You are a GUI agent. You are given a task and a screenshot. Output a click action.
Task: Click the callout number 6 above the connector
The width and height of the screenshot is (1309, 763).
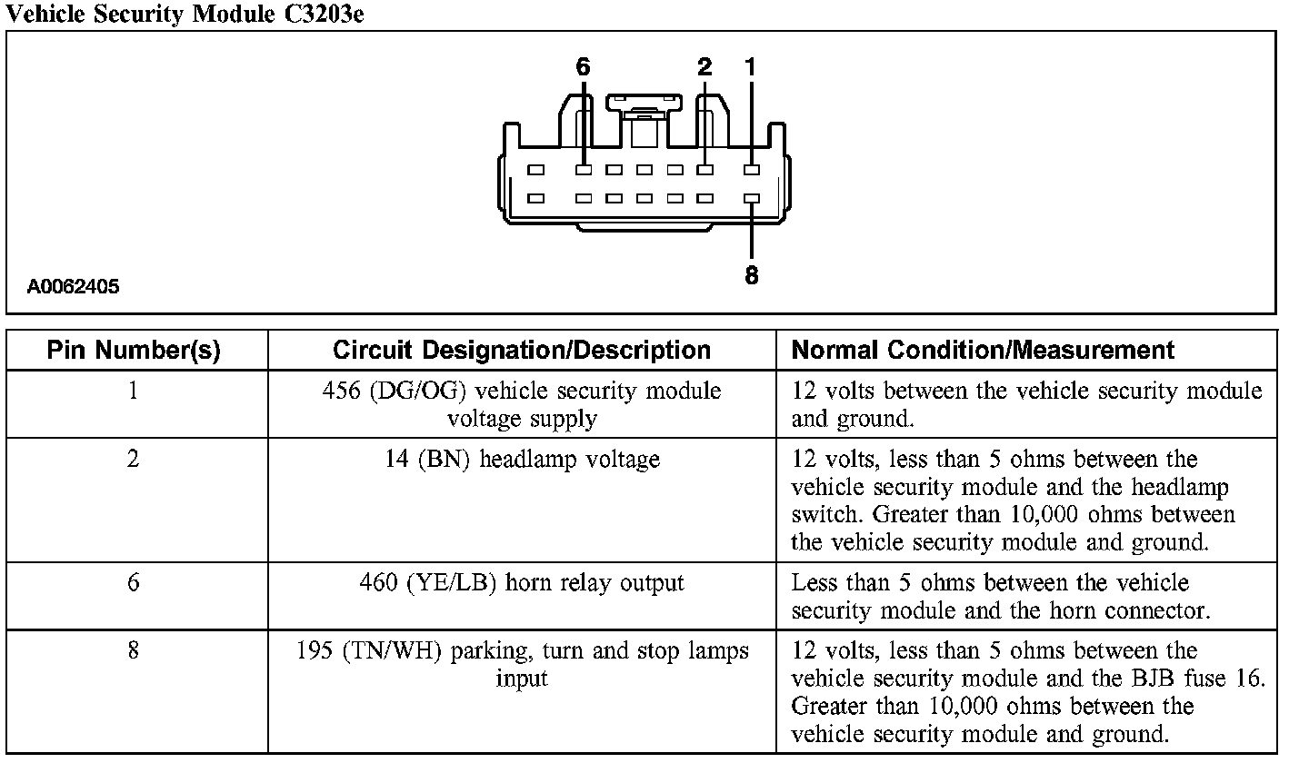[583, 67]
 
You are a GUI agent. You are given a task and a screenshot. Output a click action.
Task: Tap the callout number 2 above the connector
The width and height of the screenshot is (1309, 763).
[704, 67]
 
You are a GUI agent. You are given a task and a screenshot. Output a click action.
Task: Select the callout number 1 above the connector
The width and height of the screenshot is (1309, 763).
[751, 67]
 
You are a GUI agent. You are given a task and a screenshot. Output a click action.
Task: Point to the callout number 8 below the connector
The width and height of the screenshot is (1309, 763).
[752, 275]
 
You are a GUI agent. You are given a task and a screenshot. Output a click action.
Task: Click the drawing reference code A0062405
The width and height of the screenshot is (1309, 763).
[73, 288]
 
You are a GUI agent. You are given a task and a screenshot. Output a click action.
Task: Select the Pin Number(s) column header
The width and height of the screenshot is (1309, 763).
[134, 351]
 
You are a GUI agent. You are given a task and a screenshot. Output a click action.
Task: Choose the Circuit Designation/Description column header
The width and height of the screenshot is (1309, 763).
[522, 351]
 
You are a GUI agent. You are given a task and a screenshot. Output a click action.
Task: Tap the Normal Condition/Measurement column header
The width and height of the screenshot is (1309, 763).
[984, 351]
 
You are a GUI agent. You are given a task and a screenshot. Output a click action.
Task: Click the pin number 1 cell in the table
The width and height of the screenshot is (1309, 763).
[134, 391]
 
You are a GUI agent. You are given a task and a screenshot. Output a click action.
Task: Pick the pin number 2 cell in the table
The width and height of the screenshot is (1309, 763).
[134, 460]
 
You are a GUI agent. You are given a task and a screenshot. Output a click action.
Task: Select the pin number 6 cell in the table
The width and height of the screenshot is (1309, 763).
[134, 583]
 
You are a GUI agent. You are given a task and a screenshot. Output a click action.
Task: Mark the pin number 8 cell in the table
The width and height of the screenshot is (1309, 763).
[134, 651]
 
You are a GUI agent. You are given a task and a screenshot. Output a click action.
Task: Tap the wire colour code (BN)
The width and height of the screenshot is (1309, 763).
[445, 461]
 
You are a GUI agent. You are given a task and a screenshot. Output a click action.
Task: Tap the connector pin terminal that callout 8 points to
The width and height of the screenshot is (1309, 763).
[752, 198]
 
